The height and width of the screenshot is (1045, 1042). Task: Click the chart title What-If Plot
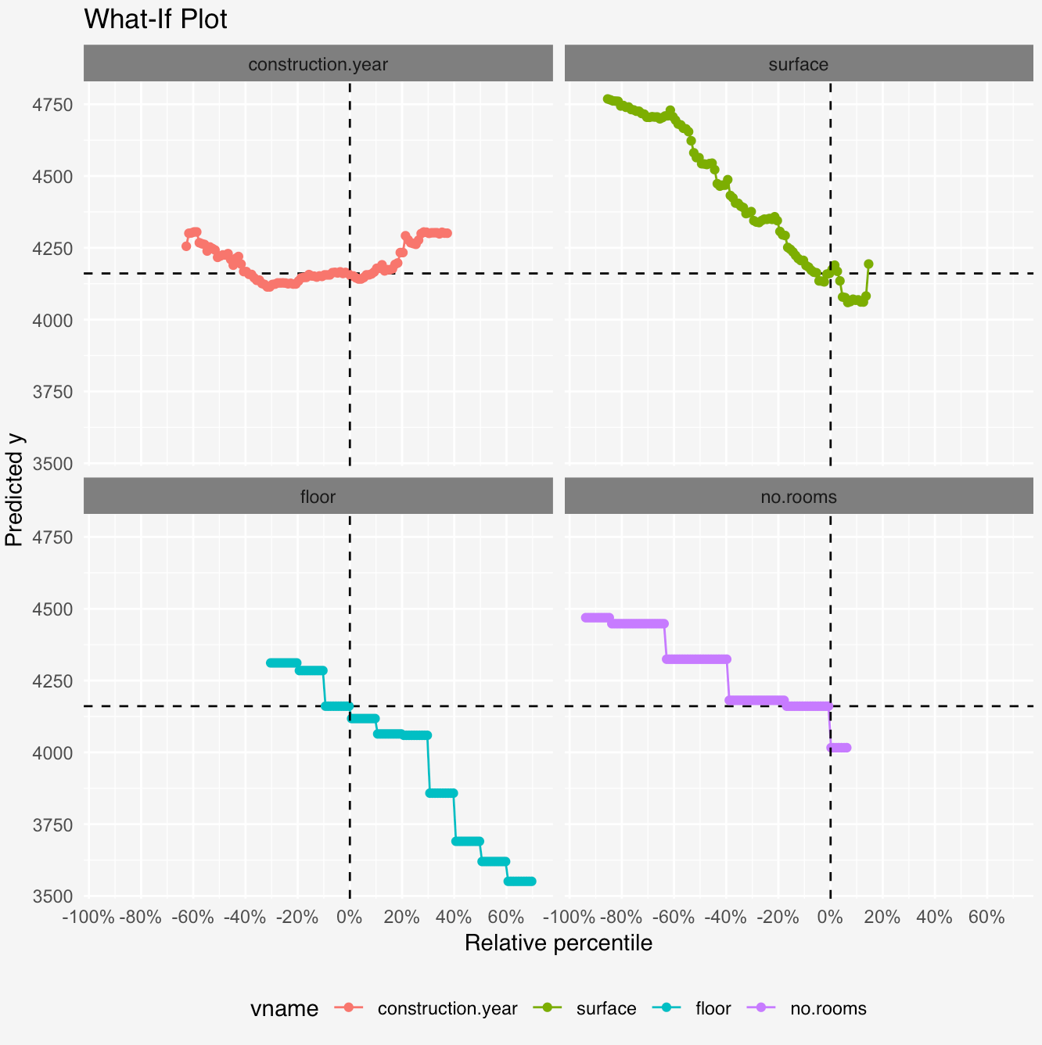tap(155, 19)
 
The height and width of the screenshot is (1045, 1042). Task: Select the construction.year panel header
tap(318, 64)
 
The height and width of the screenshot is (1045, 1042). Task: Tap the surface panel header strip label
tap(798, 64)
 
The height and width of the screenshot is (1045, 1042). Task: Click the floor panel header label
tap(318, 497)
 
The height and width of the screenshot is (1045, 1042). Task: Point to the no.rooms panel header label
tap(798, 497)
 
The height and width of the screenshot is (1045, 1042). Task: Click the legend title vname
tap(284, 1009)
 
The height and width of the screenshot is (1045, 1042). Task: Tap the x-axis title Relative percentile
tap(558, 943)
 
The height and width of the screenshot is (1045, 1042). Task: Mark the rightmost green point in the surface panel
tap(868, 264)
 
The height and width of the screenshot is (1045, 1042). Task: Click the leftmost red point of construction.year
tap(186, 246)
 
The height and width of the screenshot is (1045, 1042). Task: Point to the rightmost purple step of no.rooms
tap(839, 748)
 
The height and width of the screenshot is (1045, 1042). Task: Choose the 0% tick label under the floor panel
tap(349, 917)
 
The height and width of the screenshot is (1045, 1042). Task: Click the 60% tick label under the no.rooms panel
tap(986, 917)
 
